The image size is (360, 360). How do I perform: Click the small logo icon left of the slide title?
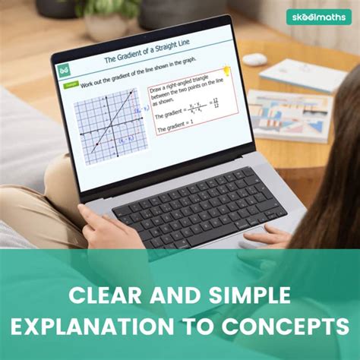pyautogui.click(x=63, y=69)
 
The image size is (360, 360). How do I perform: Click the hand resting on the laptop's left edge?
pyautogui.click(x=96, y=225)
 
